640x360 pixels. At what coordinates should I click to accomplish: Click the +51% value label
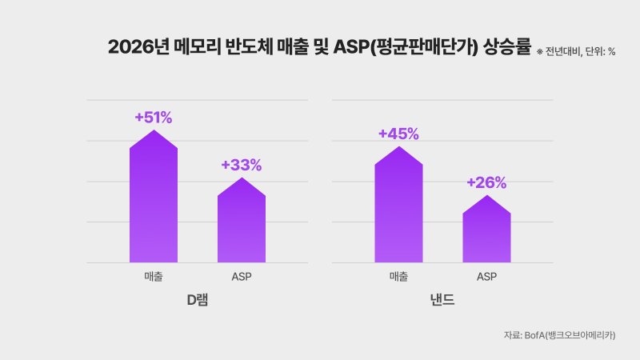(x=154, y=118)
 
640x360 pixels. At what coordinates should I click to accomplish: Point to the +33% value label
(x=242, y=166)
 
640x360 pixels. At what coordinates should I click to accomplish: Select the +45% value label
(x=398, y=134)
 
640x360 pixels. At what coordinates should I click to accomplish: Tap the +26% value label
(x=486, y=182)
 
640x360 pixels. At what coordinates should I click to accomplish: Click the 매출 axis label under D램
(x=154, y=277)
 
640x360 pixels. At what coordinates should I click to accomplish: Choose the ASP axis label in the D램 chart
(x=242, y=277)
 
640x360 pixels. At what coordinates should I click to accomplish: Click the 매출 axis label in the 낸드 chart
(x=398, y=277)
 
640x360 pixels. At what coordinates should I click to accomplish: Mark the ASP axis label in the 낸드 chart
(x=486, y=277)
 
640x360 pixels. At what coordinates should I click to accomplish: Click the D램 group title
(x=198, y=301)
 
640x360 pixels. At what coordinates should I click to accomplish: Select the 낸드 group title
(x=442, y=301)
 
